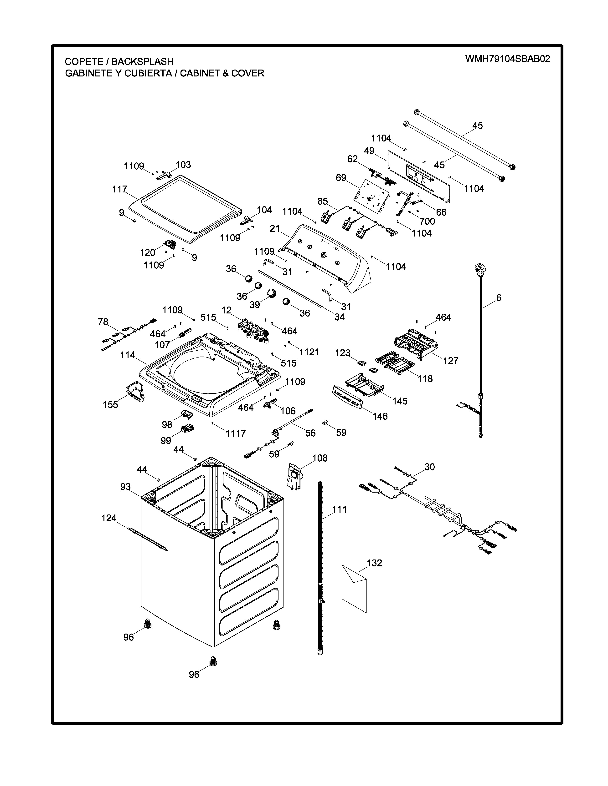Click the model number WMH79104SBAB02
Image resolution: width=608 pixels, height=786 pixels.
508,59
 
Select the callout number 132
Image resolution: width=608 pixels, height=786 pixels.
374,563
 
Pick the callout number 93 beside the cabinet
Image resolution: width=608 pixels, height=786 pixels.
125,487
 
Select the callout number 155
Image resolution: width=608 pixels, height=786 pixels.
110,404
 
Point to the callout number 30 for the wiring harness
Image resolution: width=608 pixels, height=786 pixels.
430,467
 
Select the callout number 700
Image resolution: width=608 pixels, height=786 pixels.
427,221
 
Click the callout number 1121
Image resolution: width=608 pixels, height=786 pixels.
309,352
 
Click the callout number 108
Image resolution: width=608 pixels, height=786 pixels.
320,458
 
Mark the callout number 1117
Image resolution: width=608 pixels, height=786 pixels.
236,433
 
